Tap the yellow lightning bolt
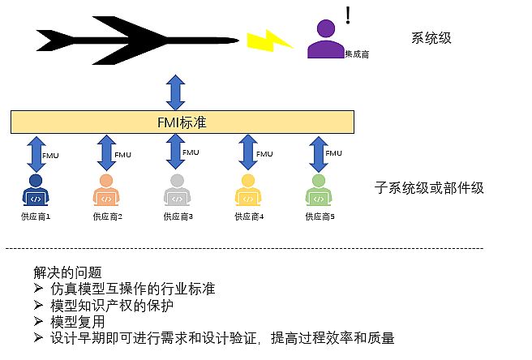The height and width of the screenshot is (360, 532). [270, 41]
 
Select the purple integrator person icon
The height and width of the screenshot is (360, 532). [326, 39]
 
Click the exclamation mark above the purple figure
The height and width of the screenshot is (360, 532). [348, 15]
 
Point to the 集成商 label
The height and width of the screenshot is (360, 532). [357, 54]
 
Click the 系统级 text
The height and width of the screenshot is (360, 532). [431, 38]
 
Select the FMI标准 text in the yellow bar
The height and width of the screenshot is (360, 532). [182, 122]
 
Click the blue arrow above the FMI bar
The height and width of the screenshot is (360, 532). [175, 92]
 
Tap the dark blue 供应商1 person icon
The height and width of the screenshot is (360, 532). [36, 190]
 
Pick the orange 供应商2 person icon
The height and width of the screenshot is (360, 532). [106, 190]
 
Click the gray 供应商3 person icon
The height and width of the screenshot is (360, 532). [177, 190]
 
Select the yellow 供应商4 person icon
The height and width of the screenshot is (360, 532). [248, 190]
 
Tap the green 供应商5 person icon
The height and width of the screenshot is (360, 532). [319, 190]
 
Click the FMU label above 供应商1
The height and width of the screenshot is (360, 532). [50, 156]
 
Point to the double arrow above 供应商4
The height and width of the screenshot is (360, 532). [248, 152]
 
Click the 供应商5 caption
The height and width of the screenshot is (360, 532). [320, 216]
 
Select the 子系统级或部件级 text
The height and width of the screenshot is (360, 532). [429, 187]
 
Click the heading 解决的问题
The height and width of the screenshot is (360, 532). [67, 272]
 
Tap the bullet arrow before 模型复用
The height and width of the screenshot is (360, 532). [38, 321]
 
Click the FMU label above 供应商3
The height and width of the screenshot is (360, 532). [191, 152]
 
